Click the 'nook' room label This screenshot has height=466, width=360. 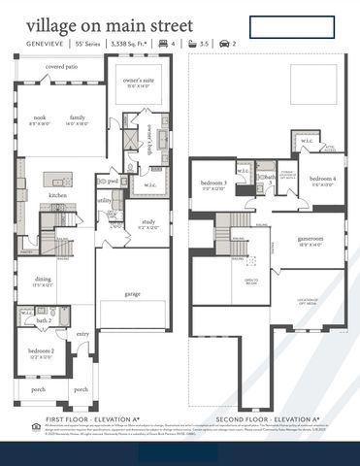39,117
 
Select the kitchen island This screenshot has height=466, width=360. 58,181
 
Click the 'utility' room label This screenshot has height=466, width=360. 104,201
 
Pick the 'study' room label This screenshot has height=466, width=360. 147,221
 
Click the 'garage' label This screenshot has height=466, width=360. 132,293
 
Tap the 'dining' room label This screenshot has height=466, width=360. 42,280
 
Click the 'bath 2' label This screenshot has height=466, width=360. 44,319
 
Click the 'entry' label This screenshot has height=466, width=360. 83,334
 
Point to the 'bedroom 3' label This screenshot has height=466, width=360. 213,183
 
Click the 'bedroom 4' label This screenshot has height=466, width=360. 323,180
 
